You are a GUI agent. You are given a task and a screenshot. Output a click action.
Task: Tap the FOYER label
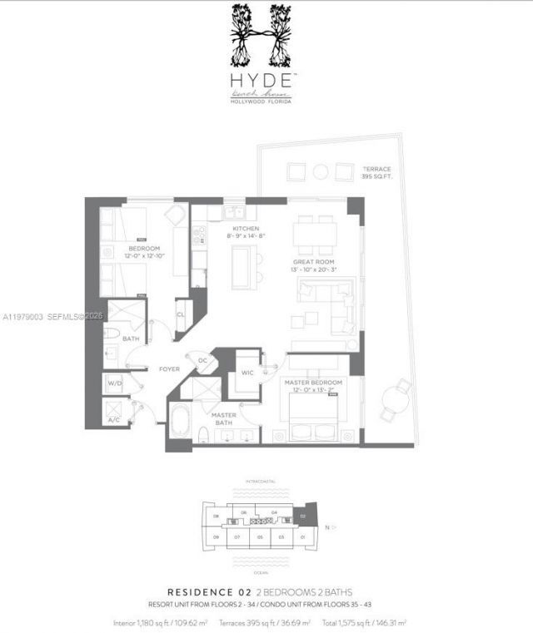point(170,368)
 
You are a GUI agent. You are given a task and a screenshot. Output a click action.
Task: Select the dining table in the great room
point(314,234)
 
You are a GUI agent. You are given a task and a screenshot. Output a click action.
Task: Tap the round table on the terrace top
point(321,172)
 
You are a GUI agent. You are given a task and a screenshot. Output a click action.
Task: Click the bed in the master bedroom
point(310,412)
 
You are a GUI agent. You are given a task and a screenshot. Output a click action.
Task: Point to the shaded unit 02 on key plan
point(302,517)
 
